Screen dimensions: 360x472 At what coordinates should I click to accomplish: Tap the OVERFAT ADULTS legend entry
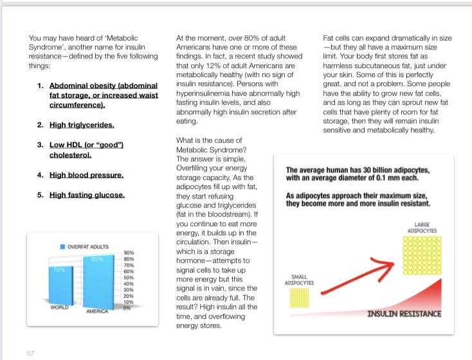[x=87, y=246]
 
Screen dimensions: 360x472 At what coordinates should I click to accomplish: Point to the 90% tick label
[x=128, y=253]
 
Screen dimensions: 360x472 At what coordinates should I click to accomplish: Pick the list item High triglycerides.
[x=82, y=125]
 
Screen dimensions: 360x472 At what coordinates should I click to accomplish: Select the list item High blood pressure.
[x=86, y=174]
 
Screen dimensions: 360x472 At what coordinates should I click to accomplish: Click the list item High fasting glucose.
[x=87, y=194]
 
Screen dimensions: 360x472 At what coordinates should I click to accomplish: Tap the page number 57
[x=30, y=352]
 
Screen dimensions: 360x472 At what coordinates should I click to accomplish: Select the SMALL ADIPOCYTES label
[x=299, y=279]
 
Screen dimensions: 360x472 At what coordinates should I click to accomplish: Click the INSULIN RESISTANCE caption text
[x=404, y=314]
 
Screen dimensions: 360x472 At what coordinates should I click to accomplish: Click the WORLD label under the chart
[x=59, y=307]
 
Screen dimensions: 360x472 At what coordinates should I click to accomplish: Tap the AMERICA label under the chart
[x=98, y=311]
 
